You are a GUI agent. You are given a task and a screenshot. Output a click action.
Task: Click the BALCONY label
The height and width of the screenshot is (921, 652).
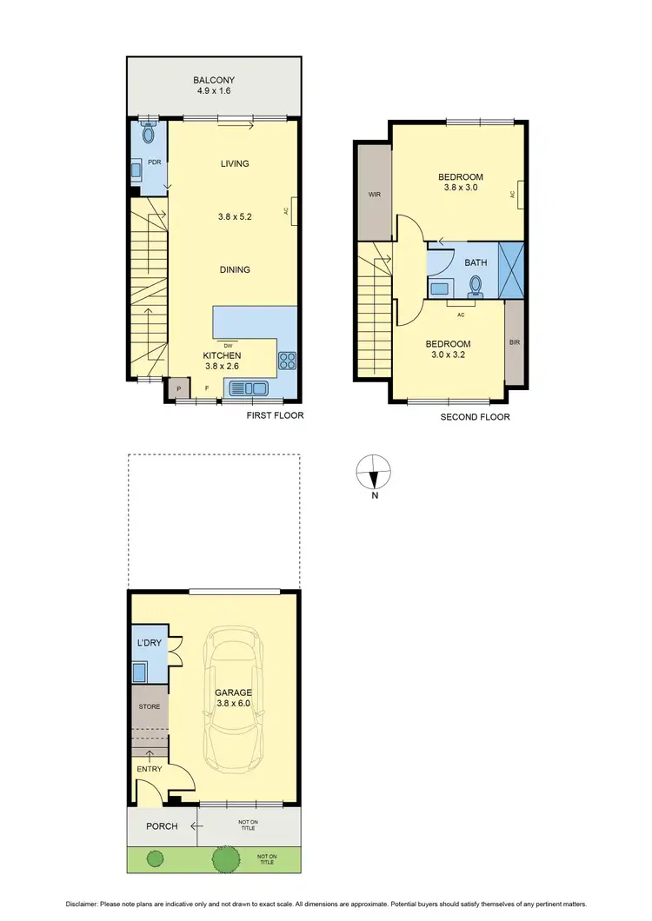click(215, 80)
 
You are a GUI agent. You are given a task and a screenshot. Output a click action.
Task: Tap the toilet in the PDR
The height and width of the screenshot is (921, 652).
click(148, 134)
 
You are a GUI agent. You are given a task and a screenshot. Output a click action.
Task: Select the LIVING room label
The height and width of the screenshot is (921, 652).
click(235, 163)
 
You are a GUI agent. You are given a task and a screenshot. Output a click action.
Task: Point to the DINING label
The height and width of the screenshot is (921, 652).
click(235, 269)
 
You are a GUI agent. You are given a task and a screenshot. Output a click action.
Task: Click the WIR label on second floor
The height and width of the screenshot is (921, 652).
click(375, 195)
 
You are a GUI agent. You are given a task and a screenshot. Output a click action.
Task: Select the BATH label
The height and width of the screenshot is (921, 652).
click(476, 262)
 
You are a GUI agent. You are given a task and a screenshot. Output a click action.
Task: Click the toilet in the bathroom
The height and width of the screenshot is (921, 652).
click(476, 284)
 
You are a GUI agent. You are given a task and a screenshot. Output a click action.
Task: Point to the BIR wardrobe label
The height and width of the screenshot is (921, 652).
click(514, 342)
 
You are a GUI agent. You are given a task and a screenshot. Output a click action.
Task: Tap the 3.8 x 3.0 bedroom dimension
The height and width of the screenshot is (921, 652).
click(461, 187)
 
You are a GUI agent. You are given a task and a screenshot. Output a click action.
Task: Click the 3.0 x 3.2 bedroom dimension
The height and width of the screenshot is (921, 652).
click(449, 354)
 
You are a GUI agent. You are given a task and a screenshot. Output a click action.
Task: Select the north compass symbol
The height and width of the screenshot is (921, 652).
click(374, 474)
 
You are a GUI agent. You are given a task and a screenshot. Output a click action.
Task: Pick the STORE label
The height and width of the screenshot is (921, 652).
click(150, 706)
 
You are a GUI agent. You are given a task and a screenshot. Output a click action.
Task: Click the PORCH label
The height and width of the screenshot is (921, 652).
click(162, 826)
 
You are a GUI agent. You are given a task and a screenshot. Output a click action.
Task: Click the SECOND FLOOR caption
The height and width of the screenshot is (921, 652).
click(475, 417)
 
